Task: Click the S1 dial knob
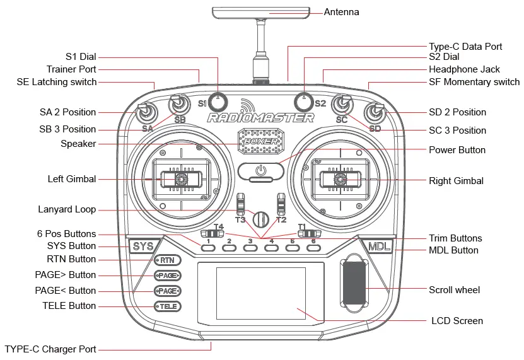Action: click(x=218, y=100)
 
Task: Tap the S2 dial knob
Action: click(x=304, y=100)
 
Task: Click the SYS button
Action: click(x=143, y=247)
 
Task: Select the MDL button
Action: click(x=379, y=247)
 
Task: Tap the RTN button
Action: click(x=167, y=260)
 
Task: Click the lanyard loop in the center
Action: click(x=260, y=219)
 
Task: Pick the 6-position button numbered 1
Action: click(x=209, y=248)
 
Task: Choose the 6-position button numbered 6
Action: click(x=313, y=248)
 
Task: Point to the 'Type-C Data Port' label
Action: click(x=465, y=47)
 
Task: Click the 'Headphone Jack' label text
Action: click(x=464, y=69)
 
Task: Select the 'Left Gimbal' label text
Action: click(x=72, y=179)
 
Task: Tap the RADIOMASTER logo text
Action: click(x=260, y=118)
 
